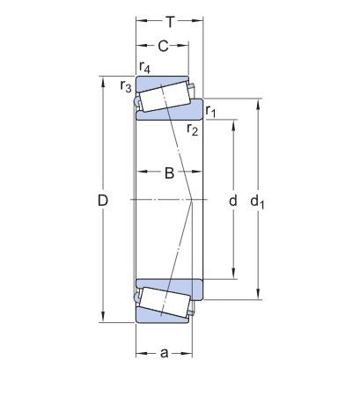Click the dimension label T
[170, 22]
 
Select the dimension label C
[163, 46]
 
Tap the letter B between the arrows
[169, 173]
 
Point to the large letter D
[103, 201]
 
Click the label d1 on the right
[257, 202]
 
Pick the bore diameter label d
[233, 201]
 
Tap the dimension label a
[165, 353]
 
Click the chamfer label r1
[210, 111]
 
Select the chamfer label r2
[193, 129]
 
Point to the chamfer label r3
[126, 86]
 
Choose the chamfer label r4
[144, 68]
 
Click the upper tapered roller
[164, 96]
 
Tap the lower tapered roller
[164, 302]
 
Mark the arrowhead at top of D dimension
[103, 82]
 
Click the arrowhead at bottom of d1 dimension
[258, 294]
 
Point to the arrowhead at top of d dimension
[234, 125]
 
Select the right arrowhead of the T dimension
[198, 20]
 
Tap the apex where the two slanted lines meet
[192, 201]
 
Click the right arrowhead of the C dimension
[183, 46]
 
